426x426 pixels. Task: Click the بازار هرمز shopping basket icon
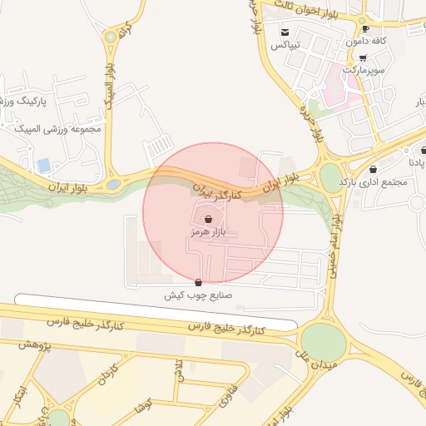point(206,220)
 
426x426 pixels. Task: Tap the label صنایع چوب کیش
point(198,295)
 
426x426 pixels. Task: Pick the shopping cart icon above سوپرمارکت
point(363,57)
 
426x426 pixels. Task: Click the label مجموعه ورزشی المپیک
point(57,129)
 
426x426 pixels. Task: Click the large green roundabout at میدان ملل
point(322,341)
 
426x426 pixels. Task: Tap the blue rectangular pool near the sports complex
point(43,165)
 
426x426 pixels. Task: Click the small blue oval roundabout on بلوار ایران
point(113,185)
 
